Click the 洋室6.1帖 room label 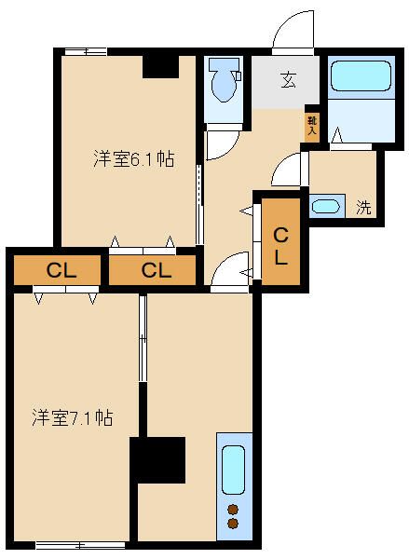click(133, 158)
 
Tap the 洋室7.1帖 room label click(73, 417)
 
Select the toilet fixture click(223, 81)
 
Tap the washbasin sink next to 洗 click(326, 207)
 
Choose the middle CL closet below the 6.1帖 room click(156, 271)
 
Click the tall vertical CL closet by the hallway click(280, 244)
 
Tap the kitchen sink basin click(233, 469)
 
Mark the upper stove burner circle click(233, 509)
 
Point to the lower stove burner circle click(233, 525)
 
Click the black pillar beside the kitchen click(157, 459)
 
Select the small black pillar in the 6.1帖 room click(161, 67)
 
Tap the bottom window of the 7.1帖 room click(80, 544)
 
